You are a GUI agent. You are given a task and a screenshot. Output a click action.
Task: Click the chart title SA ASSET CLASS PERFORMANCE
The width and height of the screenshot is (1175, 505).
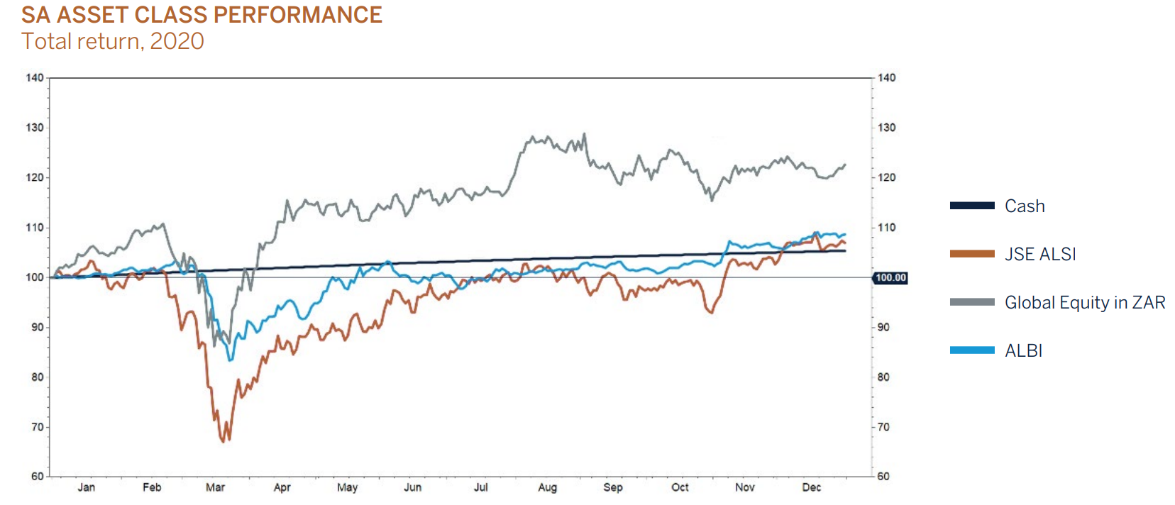(202, 15)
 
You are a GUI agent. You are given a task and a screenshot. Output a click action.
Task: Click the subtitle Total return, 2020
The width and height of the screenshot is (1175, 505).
(113, 41)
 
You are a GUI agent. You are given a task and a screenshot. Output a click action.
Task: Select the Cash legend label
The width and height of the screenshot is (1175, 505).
(1025, 206)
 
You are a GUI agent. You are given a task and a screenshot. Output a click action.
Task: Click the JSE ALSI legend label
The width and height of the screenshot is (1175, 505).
(1040, 255)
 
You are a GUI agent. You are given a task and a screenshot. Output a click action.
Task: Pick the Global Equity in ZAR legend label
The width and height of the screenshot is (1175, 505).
(1085, 303)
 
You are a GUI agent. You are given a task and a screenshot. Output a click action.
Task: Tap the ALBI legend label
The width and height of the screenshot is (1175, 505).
(1023, 351)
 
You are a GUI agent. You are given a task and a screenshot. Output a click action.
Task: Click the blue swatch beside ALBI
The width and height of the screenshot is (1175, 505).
(972, 350)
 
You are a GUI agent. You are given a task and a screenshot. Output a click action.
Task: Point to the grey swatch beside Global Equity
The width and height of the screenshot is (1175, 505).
(972, 302)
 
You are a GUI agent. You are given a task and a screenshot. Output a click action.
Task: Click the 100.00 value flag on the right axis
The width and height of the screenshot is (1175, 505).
(890, 278)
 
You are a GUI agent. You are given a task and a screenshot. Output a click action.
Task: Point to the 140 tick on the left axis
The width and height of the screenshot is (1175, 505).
(35, 78)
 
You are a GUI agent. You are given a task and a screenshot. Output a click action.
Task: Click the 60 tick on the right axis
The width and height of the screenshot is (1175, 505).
(883, 477)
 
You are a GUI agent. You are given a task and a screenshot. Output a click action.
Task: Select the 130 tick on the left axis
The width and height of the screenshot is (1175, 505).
(35, 128)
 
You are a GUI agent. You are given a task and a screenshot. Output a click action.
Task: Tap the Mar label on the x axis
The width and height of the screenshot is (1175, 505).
(215, 488)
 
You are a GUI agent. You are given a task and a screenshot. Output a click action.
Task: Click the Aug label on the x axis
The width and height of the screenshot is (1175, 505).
(547, 488)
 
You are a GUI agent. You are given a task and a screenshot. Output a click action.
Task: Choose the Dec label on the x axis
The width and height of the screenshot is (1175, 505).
(811, 488)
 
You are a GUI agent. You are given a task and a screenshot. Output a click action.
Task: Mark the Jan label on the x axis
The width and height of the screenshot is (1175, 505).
(86, 488)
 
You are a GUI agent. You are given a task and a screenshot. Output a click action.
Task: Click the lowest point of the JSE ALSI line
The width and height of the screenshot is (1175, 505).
(224, 441)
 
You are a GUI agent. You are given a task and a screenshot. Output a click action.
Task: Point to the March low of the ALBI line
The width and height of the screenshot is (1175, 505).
(230, 360)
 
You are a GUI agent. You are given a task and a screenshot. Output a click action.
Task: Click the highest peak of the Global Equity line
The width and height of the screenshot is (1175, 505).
(585, 133)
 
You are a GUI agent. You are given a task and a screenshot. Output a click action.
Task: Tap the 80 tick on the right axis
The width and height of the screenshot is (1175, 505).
(883, 377)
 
